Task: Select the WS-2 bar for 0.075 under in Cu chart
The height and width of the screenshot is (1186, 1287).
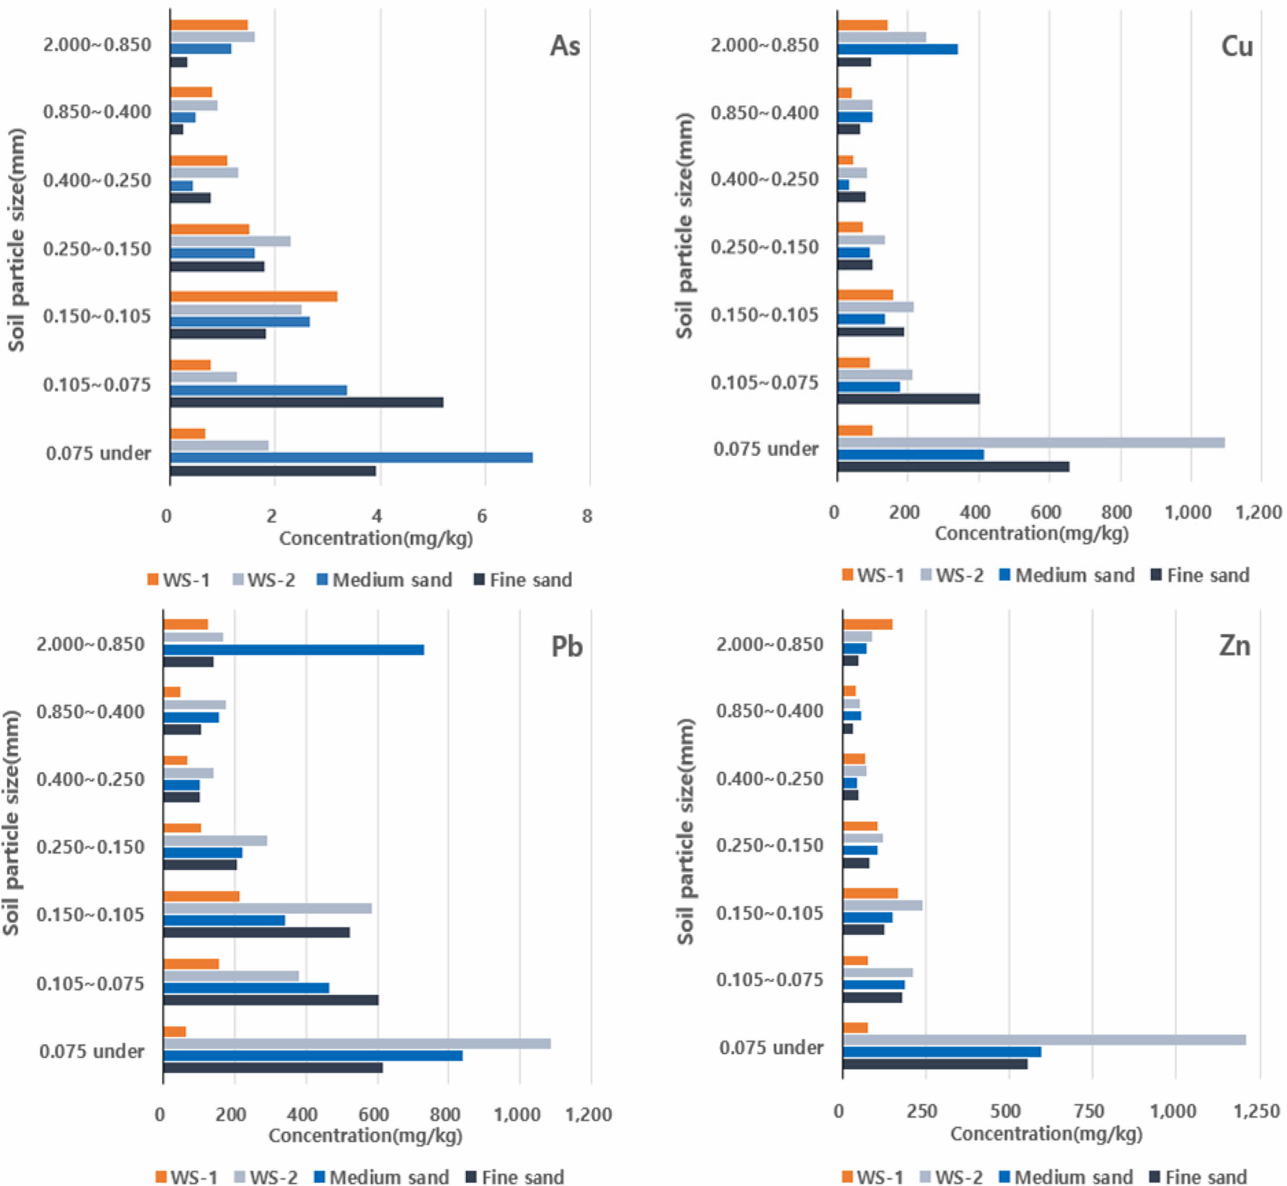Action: [1030, 442]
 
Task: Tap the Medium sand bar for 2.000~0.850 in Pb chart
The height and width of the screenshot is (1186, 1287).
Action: [294, 650]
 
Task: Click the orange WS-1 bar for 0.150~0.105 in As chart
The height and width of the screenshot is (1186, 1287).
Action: [254, 296]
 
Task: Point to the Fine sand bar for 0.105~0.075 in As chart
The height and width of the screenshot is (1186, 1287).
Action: [307, 402]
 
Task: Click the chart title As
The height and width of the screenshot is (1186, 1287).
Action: [565, 46]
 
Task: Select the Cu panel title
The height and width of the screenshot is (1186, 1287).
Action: [1236, 46]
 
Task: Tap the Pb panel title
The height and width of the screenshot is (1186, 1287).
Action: [566, 647]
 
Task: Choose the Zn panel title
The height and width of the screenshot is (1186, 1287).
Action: [1234, 645]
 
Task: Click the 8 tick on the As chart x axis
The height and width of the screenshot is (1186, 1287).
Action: [587, 516]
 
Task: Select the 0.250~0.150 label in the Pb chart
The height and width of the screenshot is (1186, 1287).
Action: [91, 847]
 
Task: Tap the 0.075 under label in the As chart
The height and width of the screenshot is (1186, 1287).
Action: [98, 453]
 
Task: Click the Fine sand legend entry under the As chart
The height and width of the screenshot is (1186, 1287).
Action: [523, 580]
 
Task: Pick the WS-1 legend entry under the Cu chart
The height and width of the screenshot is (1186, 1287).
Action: [873, 575]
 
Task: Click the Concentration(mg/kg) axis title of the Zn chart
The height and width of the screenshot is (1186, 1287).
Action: [1046, 1133]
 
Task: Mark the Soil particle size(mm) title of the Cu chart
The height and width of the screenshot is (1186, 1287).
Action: [684, 226]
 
